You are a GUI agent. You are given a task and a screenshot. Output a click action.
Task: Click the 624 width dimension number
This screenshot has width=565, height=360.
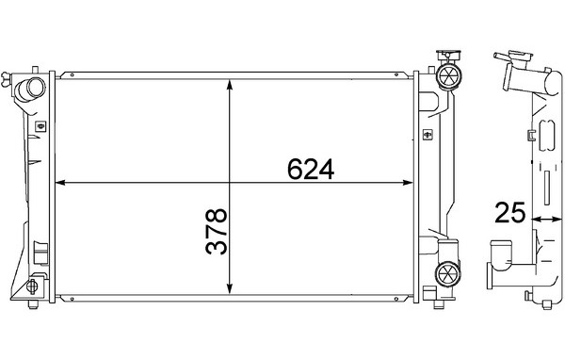[x=311, y=170]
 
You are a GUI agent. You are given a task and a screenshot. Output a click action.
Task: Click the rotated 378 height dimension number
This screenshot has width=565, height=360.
[x=217, y=231]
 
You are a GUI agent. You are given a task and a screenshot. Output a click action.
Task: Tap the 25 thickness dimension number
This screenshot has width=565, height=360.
[x=510, y=212]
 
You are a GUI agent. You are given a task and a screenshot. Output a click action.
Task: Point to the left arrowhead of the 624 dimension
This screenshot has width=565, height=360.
[x=60, y=183]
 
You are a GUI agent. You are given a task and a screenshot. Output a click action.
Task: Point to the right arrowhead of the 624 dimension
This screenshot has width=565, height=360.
[x=409, y=183]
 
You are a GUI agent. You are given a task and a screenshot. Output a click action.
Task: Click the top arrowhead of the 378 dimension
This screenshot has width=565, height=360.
[x=230, y=85]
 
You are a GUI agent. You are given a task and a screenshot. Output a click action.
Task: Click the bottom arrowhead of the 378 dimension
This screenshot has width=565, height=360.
[x=230, y=288]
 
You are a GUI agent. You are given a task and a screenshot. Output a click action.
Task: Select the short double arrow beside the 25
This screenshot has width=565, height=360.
[x=546, y=219]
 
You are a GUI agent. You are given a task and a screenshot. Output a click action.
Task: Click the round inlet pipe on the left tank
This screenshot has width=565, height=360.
[x=31, y=89]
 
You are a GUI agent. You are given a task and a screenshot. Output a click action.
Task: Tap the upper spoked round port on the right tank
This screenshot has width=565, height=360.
[x=449, y=76]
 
